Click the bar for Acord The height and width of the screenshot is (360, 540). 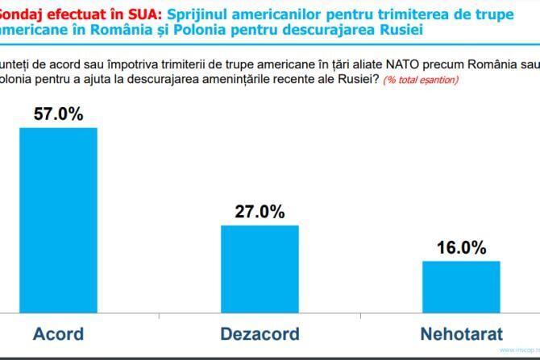tap(58, 219)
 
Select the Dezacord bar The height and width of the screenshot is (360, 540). tap(260, 268)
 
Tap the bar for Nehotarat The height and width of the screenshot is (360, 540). tap(461, 286)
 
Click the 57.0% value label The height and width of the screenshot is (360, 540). tap(58, 114)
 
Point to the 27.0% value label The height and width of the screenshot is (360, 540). tap(260, 212)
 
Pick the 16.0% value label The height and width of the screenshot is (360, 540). tap(461, 248)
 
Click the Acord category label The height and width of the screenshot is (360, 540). tap(58, 333)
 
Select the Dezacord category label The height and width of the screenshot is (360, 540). tap(260, 333)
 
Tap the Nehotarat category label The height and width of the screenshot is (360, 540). tap(461, 333)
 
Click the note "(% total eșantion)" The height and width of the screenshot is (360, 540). tap(421, 81)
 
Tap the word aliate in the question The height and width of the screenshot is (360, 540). tap(334, 64)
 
